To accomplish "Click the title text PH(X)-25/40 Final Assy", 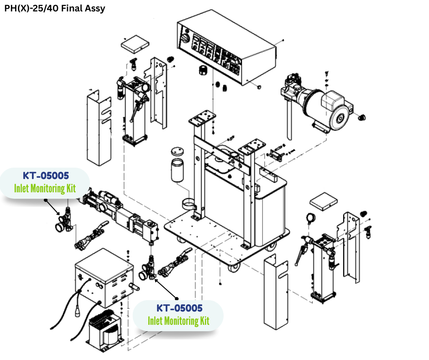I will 54,8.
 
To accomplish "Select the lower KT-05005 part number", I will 179,308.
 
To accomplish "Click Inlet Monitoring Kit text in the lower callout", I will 178,321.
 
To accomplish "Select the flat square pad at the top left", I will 135,44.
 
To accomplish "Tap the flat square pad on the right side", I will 324,202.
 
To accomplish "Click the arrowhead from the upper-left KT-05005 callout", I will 58,214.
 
